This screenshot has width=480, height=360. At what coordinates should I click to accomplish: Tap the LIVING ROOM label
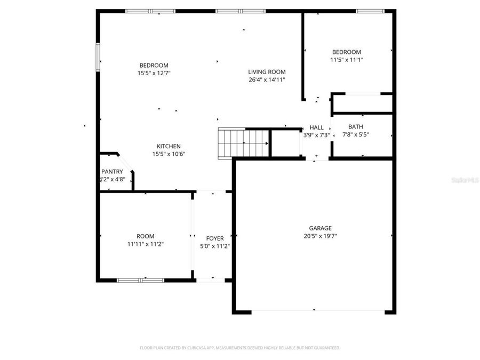pos(267,72)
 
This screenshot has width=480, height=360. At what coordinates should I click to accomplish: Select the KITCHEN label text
pos(169,146)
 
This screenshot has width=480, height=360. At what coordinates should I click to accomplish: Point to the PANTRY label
pos(112,172)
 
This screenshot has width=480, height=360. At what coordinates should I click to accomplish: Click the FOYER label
pos(215,238)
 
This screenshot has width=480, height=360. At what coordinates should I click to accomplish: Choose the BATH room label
pos(356,127)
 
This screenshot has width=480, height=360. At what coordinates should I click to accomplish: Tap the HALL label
pos(316,127)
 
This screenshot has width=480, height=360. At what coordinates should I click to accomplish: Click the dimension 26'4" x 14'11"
pos(267,80)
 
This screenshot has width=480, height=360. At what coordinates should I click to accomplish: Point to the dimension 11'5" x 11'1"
pos(347,60)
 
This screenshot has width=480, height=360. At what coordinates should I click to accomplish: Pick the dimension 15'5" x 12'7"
pos(154,73)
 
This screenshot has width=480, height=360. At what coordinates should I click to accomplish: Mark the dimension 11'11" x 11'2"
pos(145,244)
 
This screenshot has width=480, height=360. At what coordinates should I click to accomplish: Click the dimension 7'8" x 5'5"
pos(356,135)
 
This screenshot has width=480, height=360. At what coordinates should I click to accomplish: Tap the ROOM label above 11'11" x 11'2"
pos(145,236)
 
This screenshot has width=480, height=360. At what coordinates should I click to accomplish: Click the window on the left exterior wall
pos(98,57)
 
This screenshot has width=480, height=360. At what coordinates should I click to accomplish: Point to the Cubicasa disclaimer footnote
pos(240,348)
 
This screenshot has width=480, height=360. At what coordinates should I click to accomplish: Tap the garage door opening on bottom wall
pos(315,311)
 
